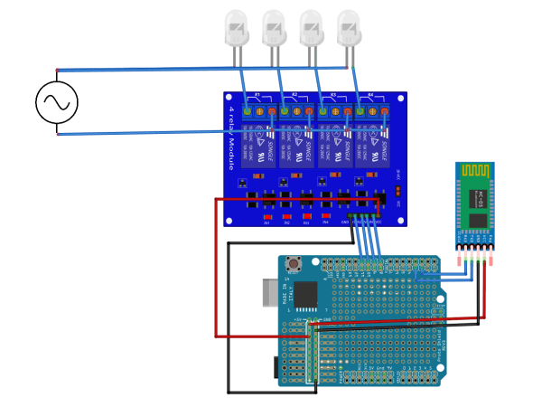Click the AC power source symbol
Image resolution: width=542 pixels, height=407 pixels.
coord(57,102)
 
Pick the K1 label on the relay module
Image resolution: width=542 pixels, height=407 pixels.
coord(257,95)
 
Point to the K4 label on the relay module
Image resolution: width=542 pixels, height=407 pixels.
coord(370,95)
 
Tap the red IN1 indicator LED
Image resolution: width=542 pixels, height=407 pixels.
coord(267,216)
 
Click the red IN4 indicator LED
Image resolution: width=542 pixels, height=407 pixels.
coord(325,216)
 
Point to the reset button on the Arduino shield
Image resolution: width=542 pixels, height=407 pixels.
coord(294,264)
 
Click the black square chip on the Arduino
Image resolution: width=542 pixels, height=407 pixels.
coord(307,295)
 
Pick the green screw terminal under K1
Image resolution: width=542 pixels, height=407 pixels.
coord(246,111)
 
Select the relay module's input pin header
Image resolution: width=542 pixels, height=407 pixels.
coord(365,216)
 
